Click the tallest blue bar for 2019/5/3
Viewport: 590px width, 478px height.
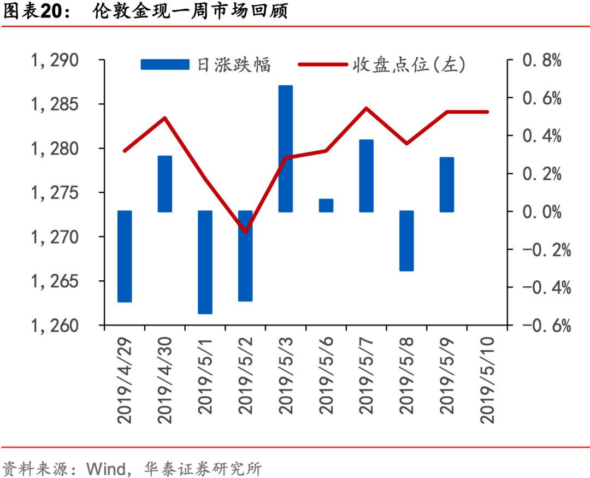click(x=286, y=149)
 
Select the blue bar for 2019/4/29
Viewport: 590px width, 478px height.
click(x=125, y=256)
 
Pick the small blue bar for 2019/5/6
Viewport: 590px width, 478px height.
click(x=326, y=205)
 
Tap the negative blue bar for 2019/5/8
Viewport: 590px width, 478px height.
click(x=406, y=241)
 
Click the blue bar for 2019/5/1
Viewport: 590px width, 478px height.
click(x=205, y=262)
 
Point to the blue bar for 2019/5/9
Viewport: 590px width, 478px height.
click(x=447, y=185)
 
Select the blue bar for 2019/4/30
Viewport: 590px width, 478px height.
click(x=165, y=184)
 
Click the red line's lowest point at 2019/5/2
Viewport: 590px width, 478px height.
click(x=245, y=232)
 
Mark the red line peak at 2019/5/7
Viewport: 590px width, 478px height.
click(x=366, y=108)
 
